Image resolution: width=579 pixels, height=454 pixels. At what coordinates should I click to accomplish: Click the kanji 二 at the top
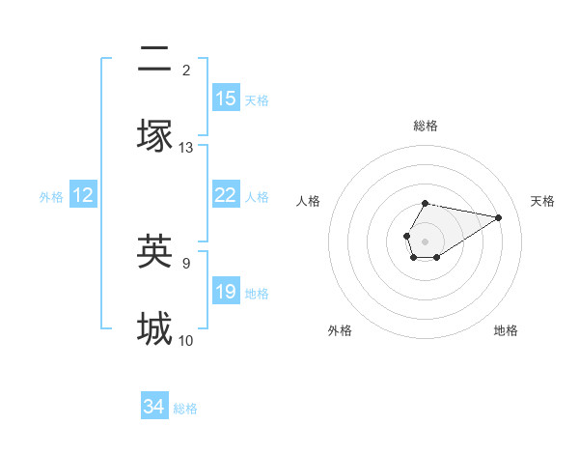pyautogui.click(x=154, y=60)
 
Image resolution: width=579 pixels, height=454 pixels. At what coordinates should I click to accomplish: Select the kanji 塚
pyautogui.click(x=154, y=135)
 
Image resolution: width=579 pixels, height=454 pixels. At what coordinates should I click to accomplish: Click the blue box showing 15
pyautogui.click(x=226, y=99)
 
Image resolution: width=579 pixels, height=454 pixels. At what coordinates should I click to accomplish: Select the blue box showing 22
pyautogui.click(x=226, y=195)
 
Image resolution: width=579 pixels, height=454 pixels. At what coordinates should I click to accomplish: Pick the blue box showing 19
pyautogui.click(x=226, y=292)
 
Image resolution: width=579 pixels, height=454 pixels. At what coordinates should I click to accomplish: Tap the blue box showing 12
pyautogui.click(x=83, y=195)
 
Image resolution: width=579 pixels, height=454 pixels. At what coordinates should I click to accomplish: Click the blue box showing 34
pyautogui.click(x=154, y=407)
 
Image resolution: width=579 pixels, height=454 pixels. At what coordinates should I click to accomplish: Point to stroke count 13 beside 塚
pyautogui.click(x=186, y=148)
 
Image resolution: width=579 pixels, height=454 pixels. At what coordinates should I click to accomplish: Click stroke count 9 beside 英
pyautogui.click(x=186, y=261)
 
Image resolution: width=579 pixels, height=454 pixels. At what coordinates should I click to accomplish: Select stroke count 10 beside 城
pyautogui.click(x=186, y=340)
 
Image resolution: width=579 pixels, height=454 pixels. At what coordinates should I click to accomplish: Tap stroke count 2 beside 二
pyautogui.click(x=186, y=70)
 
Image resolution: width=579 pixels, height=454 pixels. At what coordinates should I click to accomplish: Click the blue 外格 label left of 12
pyautogui.click(x=51, y=197)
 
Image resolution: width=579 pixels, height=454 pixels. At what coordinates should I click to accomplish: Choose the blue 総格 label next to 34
pyautogui.click(x=185, y=409)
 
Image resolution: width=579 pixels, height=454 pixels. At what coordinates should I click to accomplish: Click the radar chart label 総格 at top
pyautogui.click(x=425, y=126)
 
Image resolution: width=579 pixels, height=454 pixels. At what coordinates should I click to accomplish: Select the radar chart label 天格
pyautogui.click(x=542, y=201)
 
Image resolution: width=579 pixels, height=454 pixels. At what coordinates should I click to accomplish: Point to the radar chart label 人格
pyautogui.click(x=309, y=201)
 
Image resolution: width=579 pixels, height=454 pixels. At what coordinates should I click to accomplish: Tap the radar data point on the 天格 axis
pyautogui.click(x=499, y=217)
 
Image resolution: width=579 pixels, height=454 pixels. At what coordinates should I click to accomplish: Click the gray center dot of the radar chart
pyautogui.click(x=425, y=240)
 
